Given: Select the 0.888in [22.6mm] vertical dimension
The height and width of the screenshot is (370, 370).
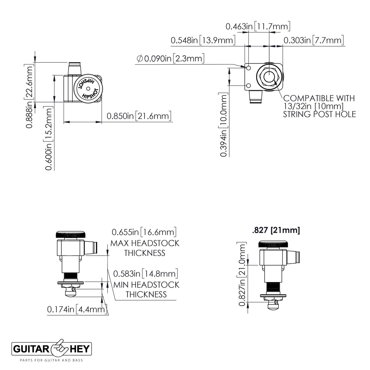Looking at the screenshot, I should click(30, 97).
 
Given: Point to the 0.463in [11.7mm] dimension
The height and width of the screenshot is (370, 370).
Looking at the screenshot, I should click(258, 26).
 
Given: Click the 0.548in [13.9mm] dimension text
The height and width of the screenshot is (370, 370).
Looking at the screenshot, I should click(203, 40).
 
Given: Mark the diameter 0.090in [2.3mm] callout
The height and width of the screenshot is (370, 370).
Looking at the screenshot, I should click(171, 59).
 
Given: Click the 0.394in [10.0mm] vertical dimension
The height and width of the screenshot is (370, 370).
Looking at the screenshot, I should click(224, 125).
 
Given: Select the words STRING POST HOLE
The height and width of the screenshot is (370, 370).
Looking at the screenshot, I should click(319, 114).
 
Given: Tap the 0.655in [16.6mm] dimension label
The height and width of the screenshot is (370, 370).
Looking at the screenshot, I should click(144, 232).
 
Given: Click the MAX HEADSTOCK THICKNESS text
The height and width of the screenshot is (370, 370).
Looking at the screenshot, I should click(145, 248).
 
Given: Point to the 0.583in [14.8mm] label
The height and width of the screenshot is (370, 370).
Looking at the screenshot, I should click(145, 274).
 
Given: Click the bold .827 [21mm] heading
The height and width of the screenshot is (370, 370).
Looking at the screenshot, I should click(276, 230).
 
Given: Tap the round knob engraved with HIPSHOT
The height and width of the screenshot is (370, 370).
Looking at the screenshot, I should click(88, 88).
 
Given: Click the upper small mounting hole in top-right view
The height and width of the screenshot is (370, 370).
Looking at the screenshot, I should click(248, 68).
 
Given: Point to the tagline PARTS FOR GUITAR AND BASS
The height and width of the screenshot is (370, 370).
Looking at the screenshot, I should click(51, 360).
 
